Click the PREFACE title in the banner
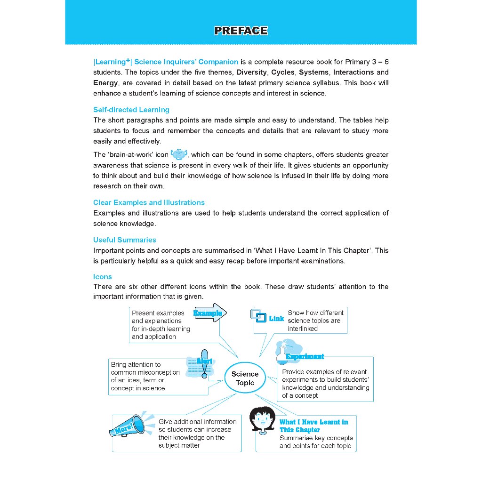pos(241,31)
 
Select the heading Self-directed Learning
pos(131,110)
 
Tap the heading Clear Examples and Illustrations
pos(149,202)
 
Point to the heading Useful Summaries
pos(125,240)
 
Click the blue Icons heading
pos(103,277)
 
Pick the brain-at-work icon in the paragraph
pos(179,154)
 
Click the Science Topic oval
pos(245,378)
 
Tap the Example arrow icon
pos(210,313)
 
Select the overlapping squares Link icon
pos(257,315)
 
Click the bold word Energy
pos(105,83)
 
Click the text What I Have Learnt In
pos(313,422)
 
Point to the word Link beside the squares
pos(277,319)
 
